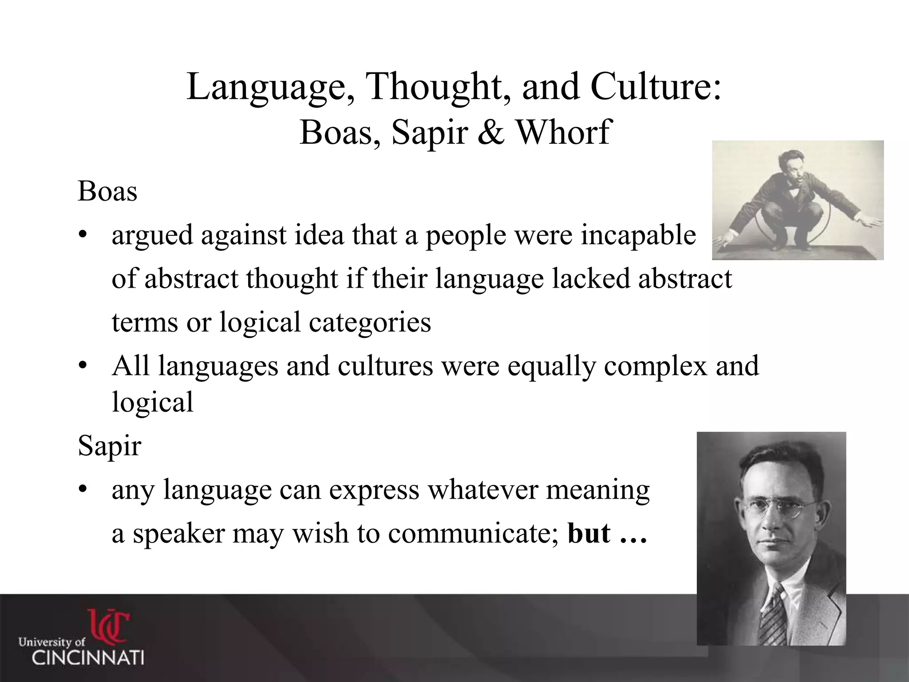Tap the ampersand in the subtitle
click(492, 132)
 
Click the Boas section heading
click(107, 192)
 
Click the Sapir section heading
click(109, 446)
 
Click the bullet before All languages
click(82, 367)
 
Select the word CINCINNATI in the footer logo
click(87, 657)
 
